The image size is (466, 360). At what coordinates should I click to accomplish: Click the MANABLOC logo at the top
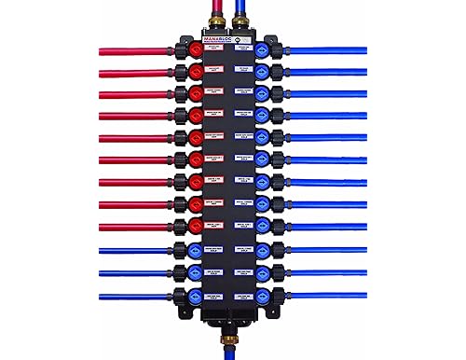point(219,40)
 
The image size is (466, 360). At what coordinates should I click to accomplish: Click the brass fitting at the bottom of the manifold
point(231,329)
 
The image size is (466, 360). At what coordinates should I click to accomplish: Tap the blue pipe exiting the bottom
point(231,349)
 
